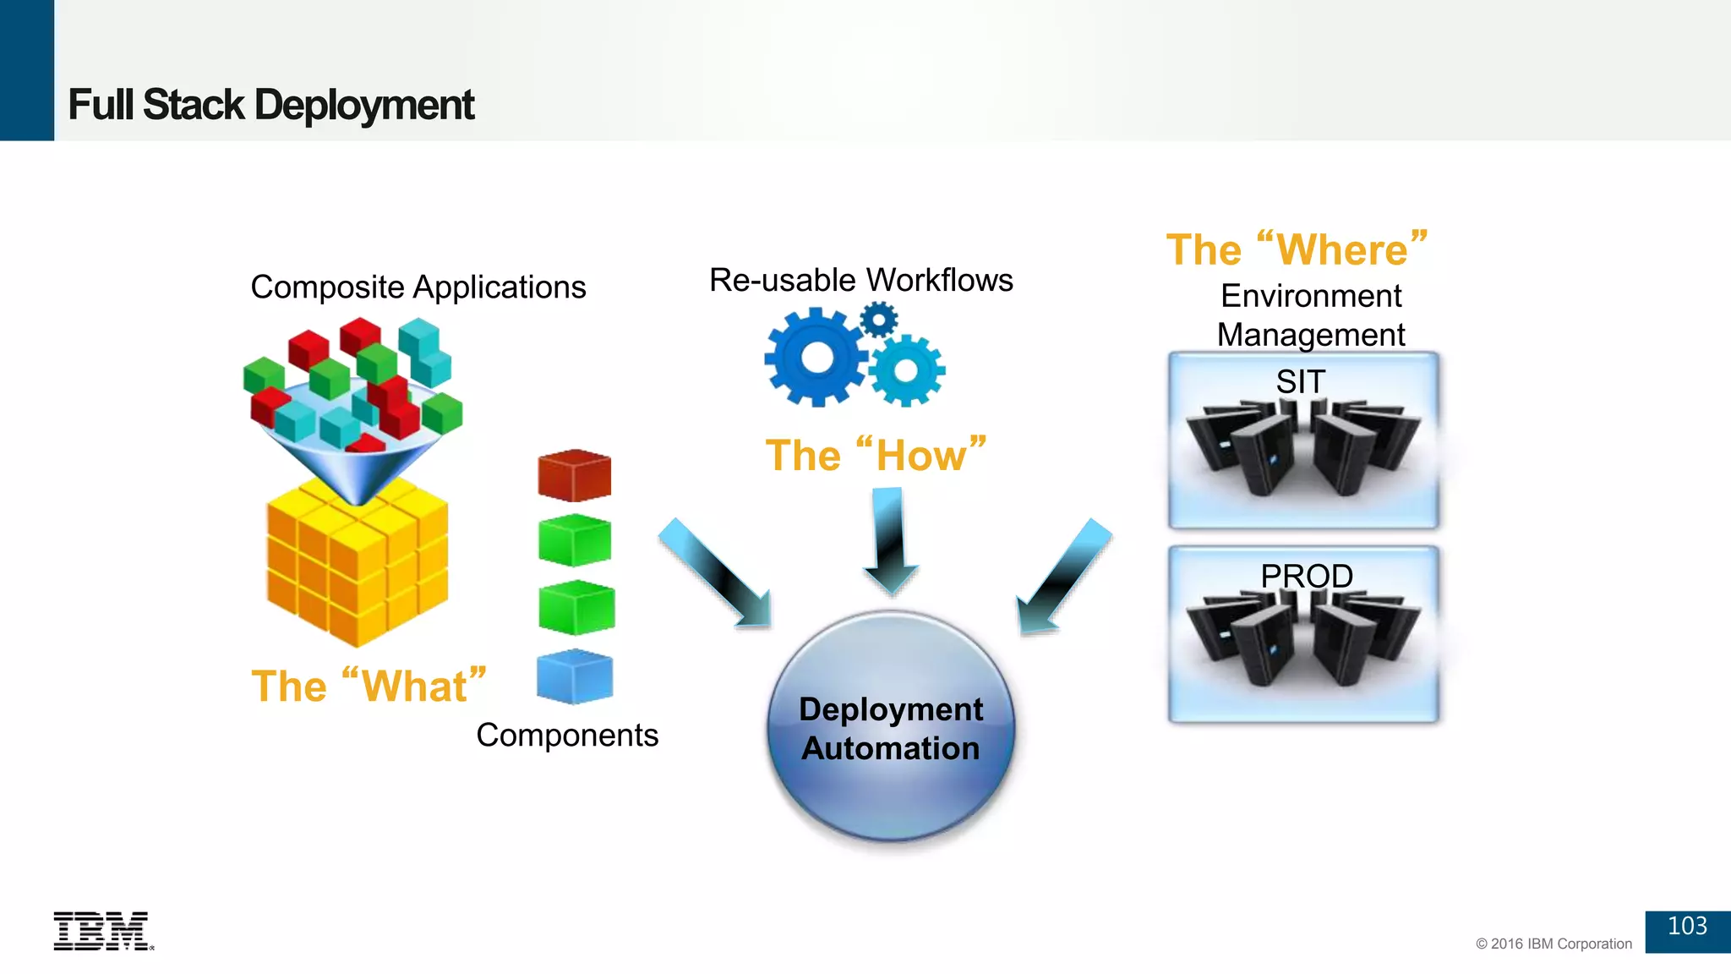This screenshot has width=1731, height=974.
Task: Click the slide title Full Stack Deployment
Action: [x=270, y=105]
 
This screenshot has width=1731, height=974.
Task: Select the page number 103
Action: [x=1687, y=927]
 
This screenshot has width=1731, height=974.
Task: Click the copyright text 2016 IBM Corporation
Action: [x=1554, y=944]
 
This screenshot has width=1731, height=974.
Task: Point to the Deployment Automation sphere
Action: [x=891, y=727]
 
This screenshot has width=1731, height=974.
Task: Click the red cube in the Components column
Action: [x=575, y=476]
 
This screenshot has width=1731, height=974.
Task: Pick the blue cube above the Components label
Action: [x=575, y=676]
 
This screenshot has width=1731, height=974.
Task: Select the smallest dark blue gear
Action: [x=879, y=320]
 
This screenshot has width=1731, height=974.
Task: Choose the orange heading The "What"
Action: [x=369, y=686]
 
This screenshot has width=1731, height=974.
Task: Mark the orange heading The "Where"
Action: [x=1297, y=249]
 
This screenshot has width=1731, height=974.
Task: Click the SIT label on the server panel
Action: [x=1301, y=382]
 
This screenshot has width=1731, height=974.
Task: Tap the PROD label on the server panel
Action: [x=1307, y=577]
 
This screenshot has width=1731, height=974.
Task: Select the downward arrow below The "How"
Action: [x=890, y=541]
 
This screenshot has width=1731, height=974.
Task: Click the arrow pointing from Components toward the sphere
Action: [x=715, y=573]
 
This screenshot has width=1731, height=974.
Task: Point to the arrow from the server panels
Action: [x=1063, y=577]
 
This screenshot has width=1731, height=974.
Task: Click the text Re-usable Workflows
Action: [x=860, y=280]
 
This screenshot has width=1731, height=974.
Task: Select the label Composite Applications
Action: [x=418, y=287]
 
